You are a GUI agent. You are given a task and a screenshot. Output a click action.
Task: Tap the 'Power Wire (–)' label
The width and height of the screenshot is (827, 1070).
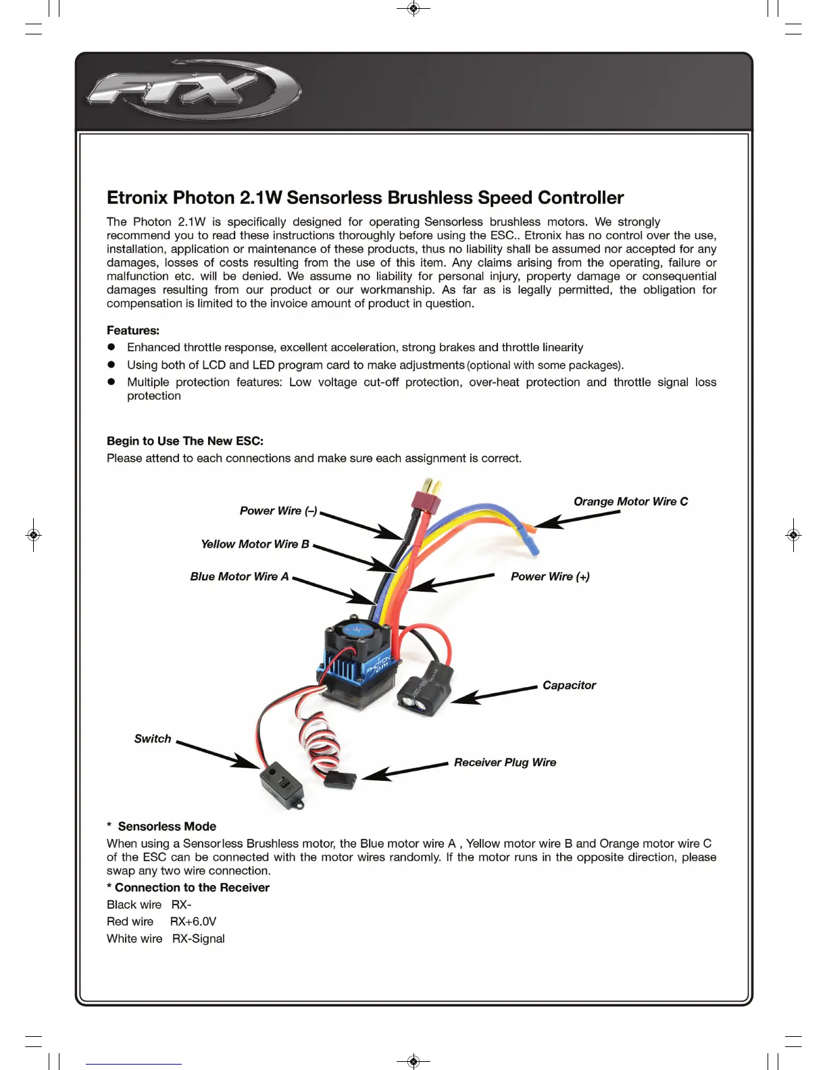click(x=278, y=511)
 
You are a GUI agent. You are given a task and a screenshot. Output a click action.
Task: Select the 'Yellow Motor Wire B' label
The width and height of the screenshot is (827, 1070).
click(x=255, y=544)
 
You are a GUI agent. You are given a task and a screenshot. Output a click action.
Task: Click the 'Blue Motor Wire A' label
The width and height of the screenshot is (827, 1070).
click(x=239, y=576)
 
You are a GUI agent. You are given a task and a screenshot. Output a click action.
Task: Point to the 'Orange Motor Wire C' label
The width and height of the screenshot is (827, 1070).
click(x=630, y=501)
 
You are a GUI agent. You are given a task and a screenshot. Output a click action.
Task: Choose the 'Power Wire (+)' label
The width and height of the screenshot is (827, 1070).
click(x=550, y=576)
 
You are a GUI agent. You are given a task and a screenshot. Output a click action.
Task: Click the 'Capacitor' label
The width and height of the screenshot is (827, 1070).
click(x=569, y=685)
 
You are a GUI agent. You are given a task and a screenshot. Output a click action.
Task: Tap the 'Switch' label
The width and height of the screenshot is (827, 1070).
click(x=153, y=738)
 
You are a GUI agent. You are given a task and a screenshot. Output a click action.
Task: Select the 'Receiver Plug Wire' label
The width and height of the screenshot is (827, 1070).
click(x=505, y=762)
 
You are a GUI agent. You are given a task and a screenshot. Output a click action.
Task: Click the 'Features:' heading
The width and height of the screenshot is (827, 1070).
click(x=133, y=330)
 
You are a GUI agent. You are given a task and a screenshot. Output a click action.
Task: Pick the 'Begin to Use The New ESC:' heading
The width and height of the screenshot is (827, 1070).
click(x=185, y=441)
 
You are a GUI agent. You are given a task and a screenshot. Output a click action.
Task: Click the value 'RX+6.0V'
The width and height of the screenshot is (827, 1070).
click(x=193, y=921)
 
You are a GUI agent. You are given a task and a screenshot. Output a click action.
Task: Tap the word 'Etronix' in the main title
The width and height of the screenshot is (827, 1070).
click(x=137, y=197)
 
